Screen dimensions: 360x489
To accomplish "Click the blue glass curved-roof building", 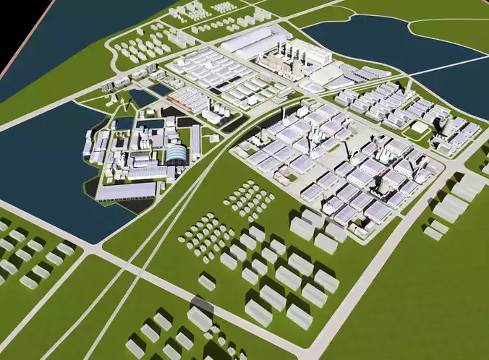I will coord(176,153).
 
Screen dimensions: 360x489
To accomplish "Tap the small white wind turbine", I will coord(124,106).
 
